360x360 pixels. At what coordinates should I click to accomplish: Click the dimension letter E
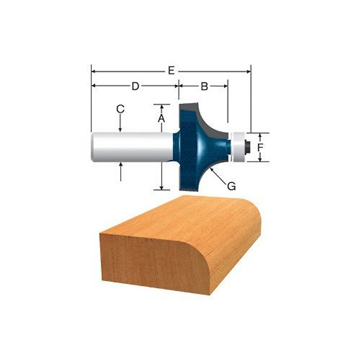tap(171, 71)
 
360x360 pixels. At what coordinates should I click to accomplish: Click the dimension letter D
tap(135, 86)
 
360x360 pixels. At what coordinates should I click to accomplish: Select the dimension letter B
tap(204, 86)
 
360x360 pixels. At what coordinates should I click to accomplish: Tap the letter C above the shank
tap(120, 109)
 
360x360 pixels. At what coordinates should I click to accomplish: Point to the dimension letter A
tap(161, 119)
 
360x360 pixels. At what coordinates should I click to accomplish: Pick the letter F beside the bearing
tap(261, 147)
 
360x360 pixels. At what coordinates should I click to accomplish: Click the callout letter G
tap(231, 186)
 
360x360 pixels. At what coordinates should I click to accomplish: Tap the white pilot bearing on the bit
tap(239, 147)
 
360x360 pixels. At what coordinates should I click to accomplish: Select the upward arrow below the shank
tap(121, 171)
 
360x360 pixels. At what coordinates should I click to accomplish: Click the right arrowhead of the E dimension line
tap(248, 71)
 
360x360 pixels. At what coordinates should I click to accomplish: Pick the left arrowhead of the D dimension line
tap(93, 86)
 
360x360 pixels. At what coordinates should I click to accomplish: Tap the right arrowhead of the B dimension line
tap(226, 86)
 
